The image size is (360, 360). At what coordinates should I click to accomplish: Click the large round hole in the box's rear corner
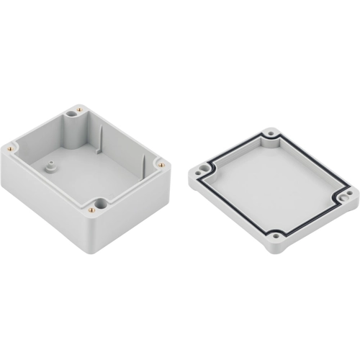tap(74, 113)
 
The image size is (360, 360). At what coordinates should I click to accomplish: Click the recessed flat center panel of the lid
tap(274, 184)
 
